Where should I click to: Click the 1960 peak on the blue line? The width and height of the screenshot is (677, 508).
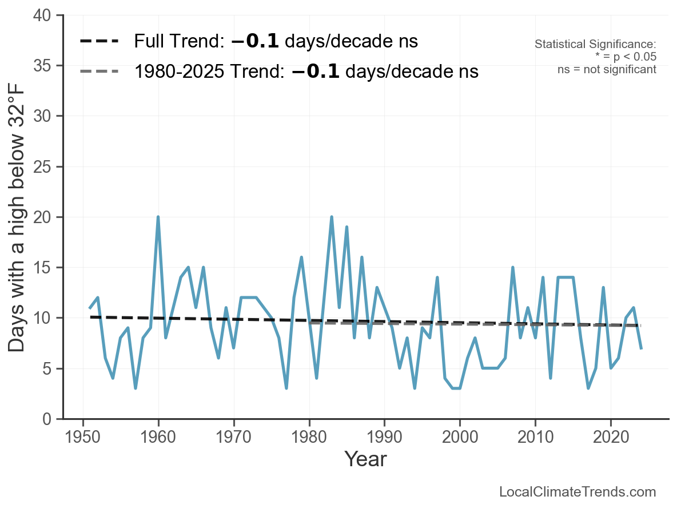point(158,217)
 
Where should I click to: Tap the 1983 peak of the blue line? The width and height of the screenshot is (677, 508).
point(332,217)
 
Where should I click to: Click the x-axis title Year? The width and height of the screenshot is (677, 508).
point(365,459)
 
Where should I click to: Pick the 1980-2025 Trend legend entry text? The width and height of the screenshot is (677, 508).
point(306,71)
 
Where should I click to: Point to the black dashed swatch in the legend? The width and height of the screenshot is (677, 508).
point(99,41)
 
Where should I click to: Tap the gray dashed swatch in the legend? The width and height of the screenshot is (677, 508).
point(99,71)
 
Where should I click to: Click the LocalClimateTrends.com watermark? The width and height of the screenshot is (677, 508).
point(578,492)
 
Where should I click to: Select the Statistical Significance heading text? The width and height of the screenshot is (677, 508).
point(595,44)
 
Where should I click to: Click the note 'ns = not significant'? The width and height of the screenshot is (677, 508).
point(607,69)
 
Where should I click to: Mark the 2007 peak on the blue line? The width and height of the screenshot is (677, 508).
point(513,267)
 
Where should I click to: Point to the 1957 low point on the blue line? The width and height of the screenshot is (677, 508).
point(136,388)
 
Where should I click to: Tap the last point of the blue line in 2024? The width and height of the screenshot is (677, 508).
point(641,348)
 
